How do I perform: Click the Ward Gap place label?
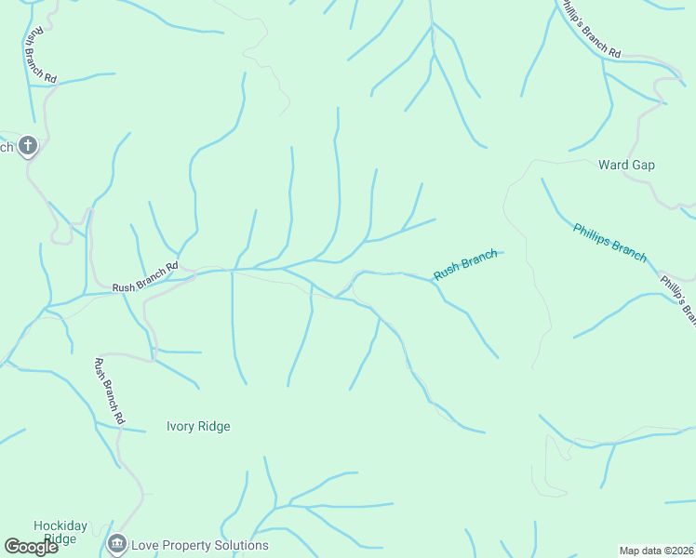pos(626,166)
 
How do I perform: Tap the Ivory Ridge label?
pos(198,427)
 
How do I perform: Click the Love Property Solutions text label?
pos(200,546)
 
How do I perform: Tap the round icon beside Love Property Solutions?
pos(117,544)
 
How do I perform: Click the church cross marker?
pos(28,145)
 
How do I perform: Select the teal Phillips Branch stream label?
pos(609,243)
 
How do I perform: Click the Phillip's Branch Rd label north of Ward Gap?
pos(589,30)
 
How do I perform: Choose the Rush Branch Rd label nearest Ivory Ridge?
pos(109,391)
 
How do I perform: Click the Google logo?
pos(32,547)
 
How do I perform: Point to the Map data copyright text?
pos(657,551)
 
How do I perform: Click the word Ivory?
pos(181,427)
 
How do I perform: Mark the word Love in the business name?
pos(145,546)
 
